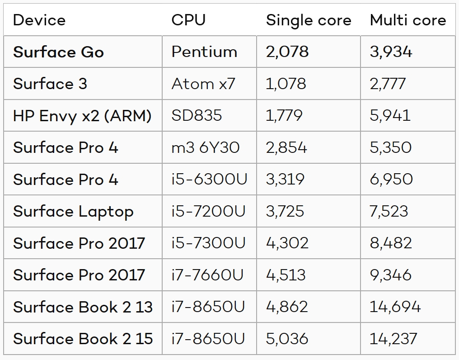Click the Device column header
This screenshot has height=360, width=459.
pyautogui.click(x=39, y=20)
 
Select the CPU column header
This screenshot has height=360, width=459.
pyautogui.click(x=188, y=20)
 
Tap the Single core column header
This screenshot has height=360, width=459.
pyautogui.click(x=309, y=20)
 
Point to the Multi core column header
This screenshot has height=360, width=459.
pyautogui.click(x=407, y=20)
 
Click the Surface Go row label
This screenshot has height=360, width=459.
pyautogui.click(x=58, y=52)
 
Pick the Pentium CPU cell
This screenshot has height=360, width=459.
pyautogui.click(x=204, y=52)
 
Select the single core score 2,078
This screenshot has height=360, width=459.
pyautogui.click(x=287, y=52)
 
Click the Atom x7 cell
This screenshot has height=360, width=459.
pyautogui.click(x=203, y=84)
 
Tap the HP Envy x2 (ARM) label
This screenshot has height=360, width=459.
pyautogui.click(x=82, y=116)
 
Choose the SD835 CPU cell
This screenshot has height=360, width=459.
pyautogui.click(x=197, y=116)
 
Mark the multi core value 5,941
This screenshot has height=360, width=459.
pyautogui.click(x=390, y=116)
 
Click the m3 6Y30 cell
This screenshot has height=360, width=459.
pyautogui.click(x=206, y=147)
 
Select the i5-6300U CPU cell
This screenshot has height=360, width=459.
pyautogui.click(x=209, y=180)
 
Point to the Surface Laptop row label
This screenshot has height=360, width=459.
pyautogui.click(x=73, y=211)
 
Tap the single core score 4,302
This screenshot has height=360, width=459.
pyautogui.click(x=287, y=243)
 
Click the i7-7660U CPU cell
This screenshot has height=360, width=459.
pyautogui.click(x=208, y=275)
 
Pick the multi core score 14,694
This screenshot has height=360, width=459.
pyautogui.click(x=395, y=307)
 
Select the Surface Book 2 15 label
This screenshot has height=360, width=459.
pyautogui.click(x=83, y=339)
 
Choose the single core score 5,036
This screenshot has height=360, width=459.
pyautogui.click(x=287, y=339)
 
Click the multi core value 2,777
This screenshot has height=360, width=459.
pyautogui.click(x=388, y=84)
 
